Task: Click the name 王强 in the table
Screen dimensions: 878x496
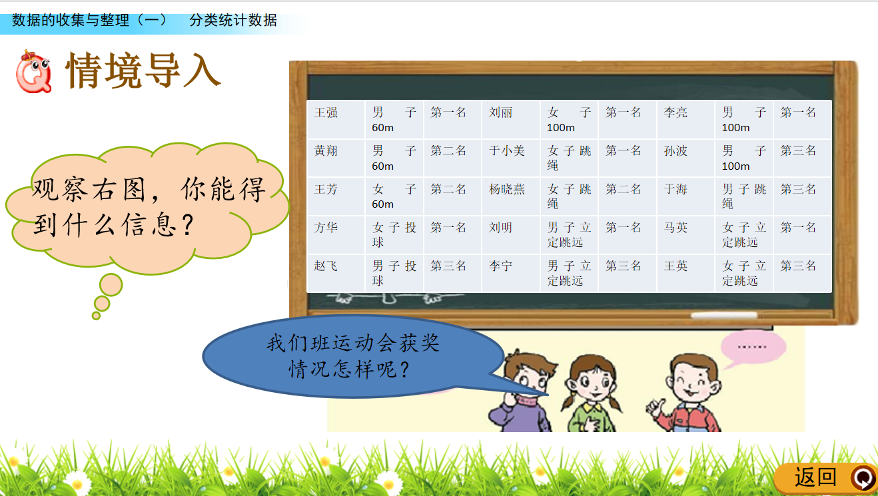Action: (326, 113)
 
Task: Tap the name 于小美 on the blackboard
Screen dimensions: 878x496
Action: (506, 151)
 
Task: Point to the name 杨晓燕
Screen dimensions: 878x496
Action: (506, 189)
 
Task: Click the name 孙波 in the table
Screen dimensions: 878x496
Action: (675, 151)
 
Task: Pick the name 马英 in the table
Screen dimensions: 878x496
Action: (675, 228)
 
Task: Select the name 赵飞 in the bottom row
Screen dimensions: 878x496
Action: (326, 266)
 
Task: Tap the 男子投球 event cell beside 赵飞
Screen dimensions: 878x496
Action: (394, 273)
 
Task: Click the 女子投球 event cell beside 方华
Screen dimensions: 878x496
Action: (394, 234)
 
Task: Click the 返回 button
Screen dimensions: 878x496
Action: (826, 477)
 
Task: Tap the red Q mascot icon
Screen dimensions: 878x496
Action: (34, 72)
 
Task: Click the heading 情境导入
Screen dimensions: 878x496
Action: (143, 71)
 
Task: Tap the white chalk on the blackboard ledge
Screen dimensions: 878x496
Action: (724, 316)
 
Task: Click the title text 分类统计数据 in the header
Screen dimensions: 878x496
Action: (233, 20)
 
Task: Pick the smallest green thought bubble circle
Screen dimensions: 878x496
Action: (96, 316)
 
